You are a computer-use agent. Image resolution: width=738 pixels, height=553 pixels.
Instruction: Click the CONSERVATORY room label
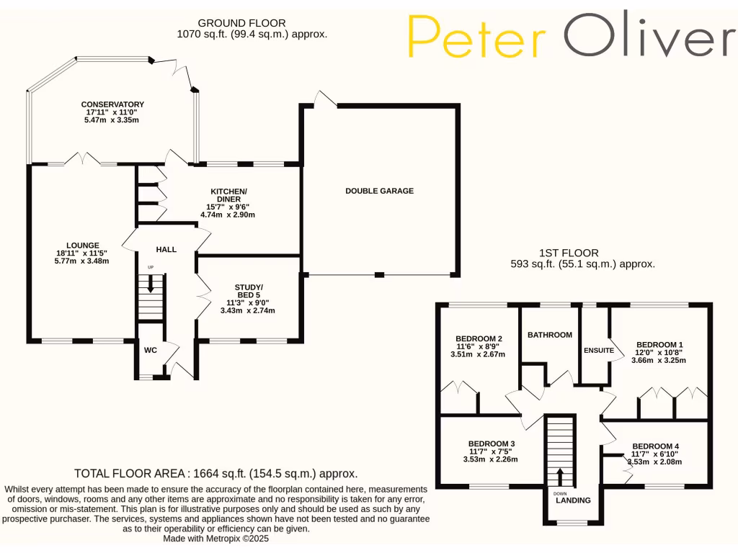click(112, 104)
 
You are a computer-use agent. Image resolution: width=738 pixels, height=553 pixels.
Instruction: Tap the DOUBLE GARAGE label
click(379, 191)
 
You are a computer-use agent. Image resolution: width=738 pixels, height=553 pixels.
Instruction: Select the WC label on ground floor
click(151, 351)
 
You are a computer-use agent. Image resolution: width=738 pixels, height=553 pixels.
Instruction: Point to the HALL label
click(166, 249)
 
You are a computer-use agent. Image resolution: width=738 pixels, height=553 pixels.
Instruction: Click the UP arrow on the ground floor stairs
click(151, 283)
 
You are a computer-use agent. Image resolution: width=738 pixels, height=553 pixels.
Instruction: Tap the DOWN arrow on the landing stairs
click(560, 477)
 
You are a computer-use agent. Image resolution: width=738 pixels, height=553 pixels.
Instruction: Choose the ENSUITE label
click(599, 351)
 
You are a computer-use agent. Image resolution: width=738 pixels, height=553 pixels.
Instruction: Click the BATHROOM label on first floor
click(550, 335)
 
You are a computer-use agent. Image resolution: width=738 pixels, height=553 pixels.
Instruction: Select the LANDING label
click(573, 500)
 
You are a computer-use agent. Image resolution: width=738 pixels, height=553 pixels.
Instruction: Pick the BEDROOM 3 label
click(492, 444)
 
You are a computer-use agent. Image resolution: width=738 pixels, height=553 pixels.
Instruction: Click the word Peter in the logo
click(477, 37)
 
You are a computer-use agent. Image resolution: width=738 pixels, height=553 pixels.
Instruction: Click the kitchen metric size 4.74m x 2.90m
click(228, 215)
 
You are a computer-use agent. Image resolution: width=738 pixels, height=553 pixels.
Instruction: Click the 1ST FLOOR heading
click(569, 253)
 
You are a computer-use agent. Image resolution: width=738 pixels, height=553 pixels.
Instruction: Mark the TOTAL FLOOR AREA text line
click(215, 474)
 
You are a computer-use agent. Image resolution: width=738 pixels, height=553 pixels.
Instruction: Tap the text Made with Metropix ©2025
click(216, 539)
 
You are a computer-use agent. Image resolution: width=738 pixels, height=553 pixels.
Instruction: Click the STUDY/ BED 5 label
click(248, 291)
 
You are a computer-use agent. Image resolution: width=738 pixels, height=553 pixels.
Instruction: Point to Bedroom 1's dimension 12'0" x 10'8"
click(659, 352)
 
